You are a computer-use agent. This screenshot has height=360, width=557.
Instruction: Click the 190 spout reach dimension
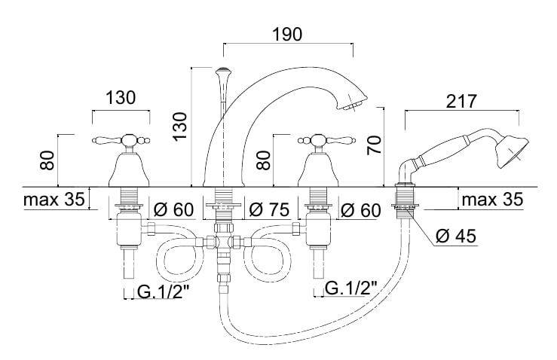[x=287, y=35]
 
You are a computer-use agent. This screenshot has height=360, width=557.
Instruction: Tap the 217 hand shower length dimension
[x=461, y=101]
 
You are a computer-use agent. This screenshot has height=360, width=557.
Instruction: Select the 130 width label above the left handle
[x=121, y=97]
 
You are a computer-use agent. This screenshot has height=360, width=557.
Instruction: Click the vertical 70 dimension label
[x=374, y=145]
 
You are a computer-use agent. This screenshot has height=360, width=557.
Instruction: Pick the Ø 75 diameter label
[x=269, y=209]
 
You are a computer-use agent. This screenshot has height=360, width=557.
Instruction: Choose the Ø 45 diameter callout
[x=456, y=236]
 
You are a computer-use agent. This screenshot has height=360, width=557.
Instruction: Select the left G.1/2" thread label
[x=163, y=292]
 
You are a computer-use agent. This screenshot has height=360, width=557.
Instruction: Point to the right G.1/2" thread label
[x=351, y=288]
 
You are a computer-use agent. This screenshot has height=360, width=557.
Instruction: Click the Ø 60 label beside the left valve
[x=173, y=209]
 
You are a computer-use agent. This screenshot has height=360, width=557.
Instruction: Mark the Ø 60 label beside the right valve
[x=360, y=210]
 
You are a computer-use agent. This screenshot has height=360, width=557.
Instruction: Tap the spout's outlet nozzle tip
[x=351, y=105]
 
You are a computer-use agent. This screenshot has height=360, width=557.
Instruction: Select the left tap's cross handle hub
[x=128, y=140]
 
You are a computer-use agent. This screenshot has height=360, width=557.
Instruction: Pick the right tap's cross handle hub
[x=317, y=140]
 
